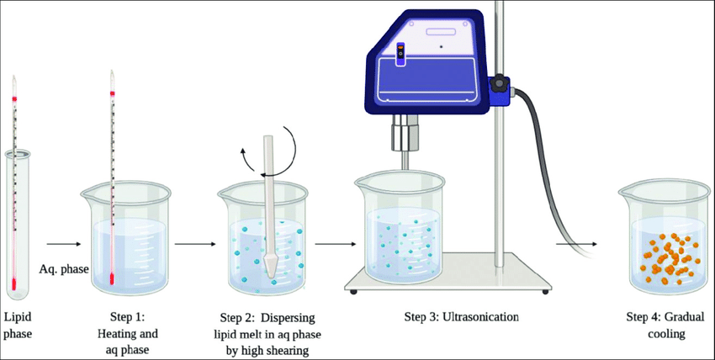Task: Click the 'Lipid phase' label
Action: click(19, 326)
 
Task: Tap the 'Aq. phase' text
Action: click(63, 270)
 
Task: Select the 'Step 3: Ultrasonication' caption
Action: click(462, 317)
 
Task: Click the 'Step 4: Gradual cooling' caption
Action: click(665, 326)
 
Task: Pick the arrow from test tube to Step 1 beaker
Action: click(63, 244)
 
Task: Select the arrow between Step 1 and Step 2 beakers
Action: click(194, 244)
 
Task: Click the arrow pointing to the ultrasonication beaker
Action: click(335, 244)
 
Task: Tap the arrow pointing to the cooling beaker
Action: click(576, 244)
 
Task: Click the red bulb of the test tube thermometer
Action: click(14, 284)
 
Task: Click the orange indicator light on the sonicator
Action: click(400, 46)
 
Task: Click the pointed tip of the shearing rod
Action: click(270, 277)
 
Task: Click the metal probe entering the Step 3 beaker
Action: click(404, 161)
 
